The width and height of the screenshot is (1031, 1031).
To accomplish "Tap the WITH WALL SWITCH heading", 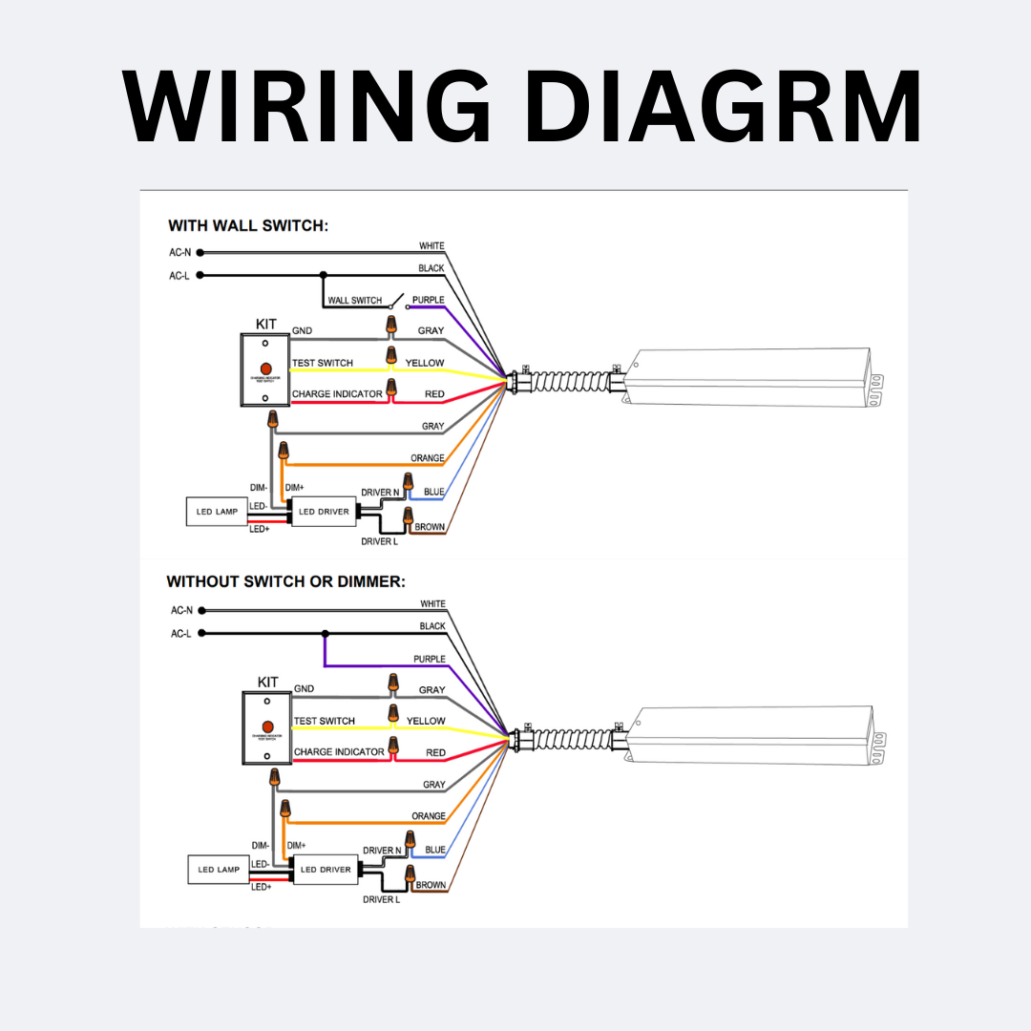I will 248,226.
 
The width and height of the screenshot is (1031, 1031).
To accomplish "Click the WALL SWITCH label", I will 354,301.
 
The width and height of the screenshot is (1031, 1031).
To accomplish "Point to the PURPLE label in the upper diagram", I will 428,301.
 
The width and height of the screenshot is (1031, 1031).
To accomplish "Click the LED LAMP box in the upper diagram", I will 217,512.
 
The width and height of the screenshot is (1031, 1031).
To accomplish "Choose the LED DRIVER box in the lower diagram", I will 325,870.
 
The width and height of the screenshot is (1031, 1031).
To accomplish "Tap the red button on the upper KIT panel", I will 265,368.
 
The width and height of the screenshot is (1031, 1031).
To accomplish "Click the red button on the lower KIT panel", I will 268,727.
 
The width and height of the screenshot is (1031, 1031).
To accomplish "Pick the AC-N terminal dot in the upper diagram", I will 201,253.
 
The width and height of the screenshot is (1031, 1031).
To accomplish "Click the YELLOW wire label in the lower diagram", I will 426,721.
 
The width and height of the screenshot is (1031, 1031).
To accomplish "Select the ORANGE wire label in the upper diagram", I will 428,458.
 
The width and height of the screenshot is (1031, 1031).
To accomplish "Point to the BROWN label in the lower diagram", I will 431,885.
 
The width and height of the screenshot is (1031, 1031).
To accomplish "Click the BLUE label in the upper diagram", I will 434,493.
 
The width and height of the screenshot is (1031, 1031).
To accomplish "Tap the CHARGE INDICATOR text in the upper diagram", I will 337,394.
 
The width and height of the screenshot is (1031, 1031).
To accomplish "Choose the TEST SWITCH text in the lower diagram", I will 325,721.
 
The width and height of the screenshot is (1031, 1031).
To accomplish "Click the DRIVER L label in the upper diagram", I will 379,541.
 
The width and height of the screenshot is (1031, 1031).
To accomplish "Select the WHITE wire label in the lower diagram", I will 432,604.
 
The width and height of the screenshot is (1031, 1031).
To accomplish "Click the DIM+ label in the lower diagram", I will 296,845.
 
